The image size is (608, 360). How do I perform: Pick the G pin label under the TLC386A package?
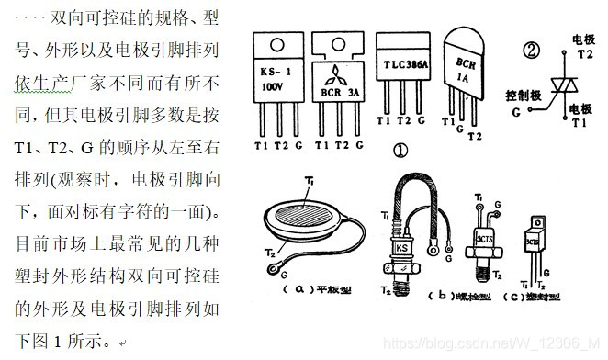coord(422,120)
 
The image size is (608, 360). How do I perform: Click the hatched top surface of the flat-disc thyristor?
coord(305,212)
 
